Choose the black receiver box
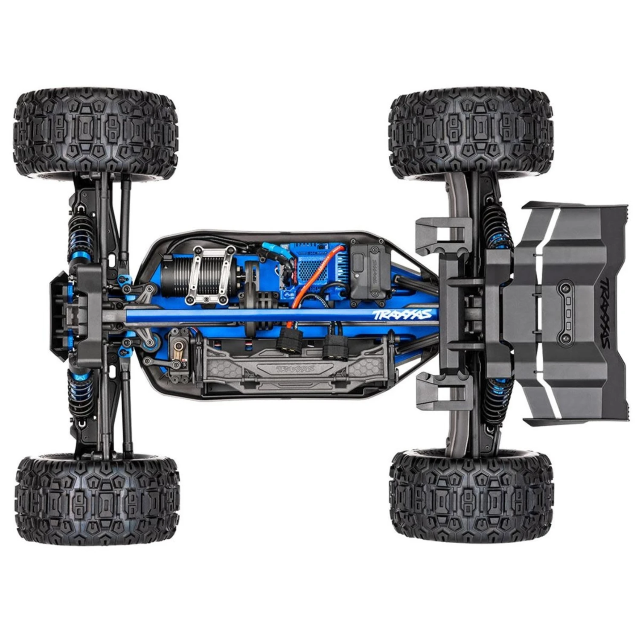click(369, 272)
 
